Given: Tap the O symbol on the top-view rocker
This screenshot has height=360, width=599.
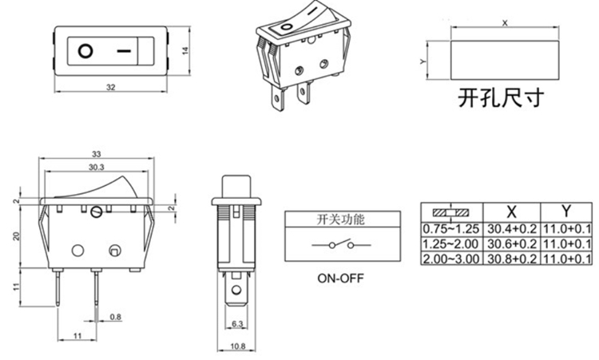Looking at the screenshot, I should point(85,51).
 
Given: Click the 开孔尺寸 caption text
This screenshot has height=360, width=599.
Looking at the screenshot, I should point(501,97).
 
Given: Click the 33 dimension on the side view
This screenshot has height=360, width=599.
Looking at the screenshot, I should point(97,153).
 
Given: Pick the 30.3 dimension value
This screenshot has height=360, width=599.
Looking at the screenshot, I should point(97,167).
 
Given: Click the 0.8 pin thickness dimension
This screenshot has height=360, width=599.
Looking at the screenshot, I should point(116,317).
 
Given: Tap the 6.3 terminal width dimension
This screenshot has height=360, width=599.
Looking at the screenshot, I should point(237,324).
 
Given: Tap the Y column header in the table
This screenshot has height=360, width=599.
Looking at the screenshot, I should point(565,212).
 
